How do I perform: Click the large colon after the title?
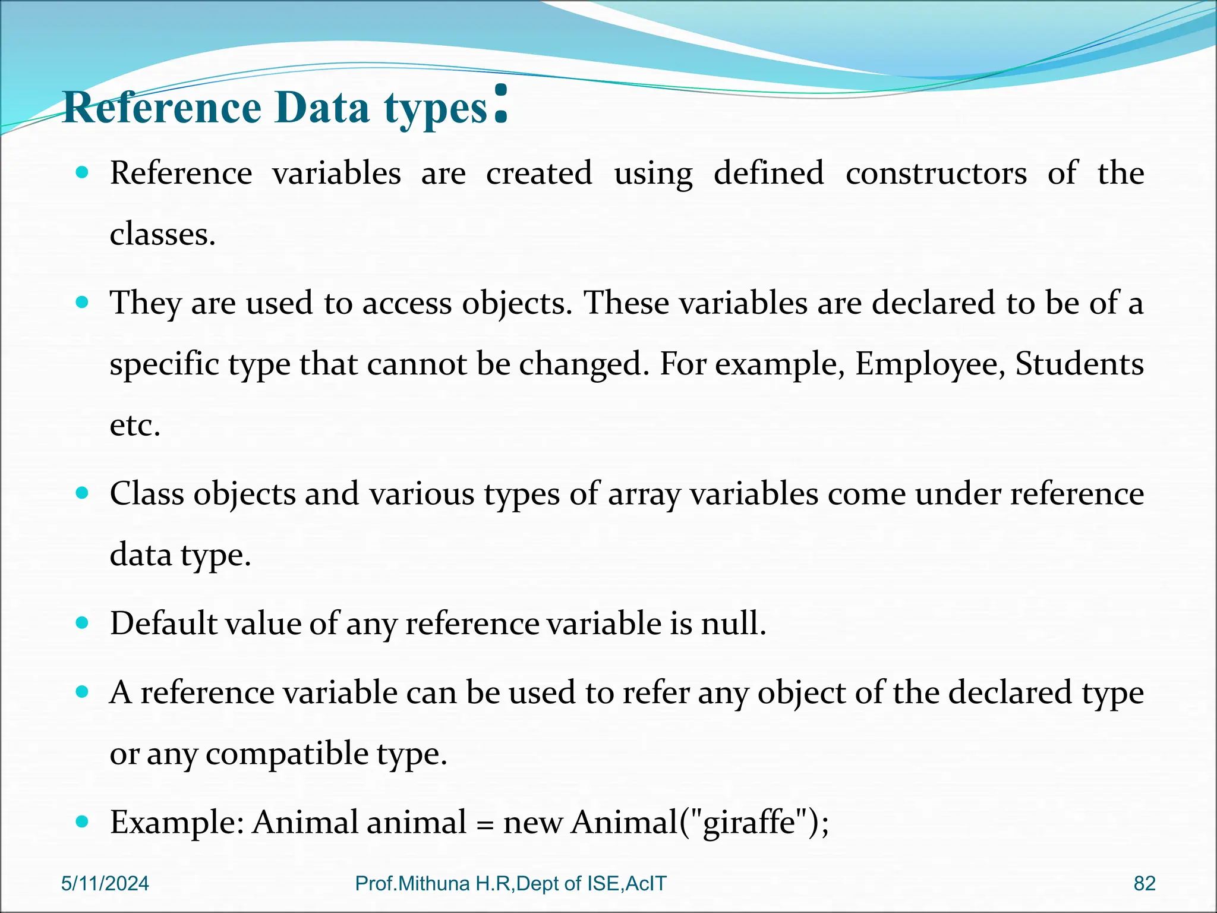(x=501, y=105)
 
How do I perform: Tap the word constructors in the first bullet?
(x=936, y=174)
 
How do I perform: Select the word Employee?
(x=929, y=364)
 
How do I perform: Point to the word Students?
(x=1079, y=364)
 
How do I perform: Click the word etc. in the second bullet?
(x=135, y=426)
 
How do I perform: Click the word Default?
(x=165, y=624)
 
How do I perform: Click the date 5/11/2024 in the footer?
(x=105, y=884)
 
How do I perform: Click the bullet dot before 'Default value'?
(x=83, y=623)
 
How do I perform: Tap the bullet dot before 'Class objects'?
(x=83, y=493)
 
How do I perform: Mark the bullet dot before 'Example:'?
(x=83, y=822)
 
